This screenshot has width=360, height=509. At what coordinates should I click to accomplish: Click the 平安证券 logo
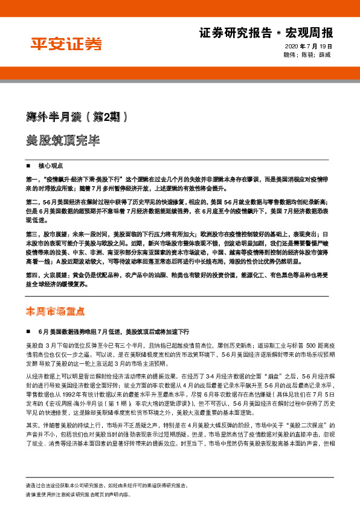(66, 43)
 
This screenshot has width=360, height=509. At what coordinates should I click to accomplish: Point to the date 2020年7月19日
(309, 47)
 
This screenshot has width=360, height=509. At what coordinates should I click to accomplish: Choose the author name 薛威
(325, 54)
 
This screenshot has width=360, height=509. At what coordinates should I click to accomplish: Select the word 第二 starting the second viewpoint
(33, 200)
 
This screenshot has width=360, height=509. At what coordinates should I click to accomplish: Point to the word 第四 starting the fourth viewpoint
(33, 274)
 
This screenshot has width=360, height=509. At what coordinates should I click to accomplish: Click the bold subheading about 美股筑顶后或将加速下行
(114, 332)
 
